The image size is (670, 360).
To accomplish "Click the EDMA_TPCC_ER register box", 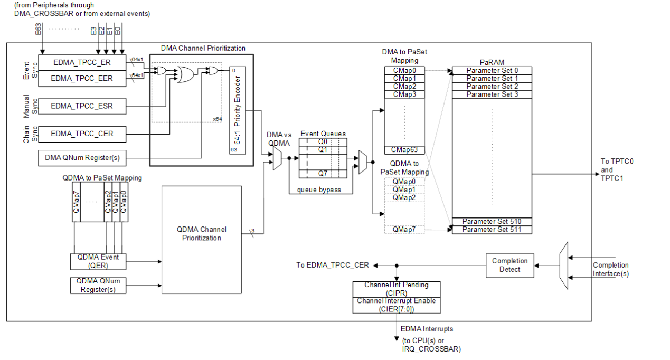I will click(82, 62).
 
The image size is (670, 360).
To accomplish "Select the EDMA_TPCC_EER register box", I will click(82, 78).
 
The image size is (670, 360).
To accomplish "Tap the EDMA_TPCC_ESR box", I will click(82, 106).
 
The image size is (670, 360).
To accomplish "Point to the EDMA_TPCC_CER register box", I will click(82, 134).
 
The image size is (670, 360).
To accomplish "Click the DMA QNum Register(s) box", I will click(82, 157).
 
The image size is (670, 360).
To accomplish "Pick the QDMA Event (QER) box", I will click(98, 261).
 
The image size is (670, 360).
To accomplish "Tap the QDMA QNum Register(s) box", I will click(98, 286).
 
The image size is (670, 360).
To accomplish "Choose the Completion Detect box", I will click(509, 265).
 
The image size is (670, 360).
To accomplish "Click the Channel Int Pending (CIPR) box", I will click(396, 289).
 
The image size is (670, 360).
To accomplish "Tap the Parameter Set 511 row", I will click(492, 230).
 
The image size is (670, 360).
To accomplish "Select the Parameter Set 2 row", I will click(492, 86).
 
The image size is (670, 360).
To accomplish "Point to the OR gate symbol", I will click(185, 75).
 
